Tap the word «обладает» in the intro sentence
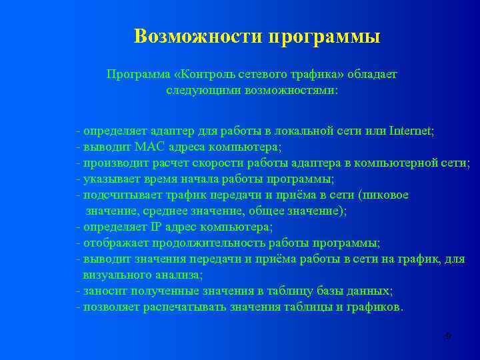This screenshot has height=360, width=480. click(371, 74)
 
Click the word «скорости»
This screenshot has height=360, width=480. click(221, 163)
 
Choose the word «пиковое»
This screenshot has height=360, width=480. click(385, 195)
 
